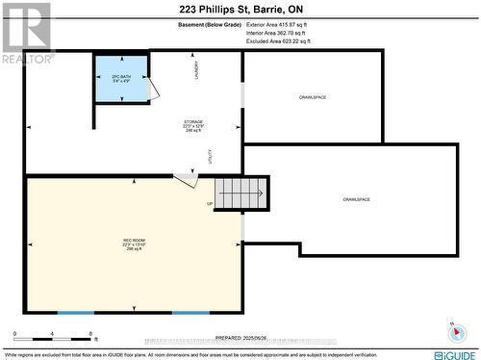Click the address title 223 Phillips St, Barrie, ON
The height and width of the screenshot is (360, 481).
coord(240,9)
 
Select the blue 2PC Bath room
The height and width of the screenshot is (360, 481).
coord(122,79)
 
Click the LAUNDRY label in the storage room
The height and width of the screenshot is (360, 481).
coord(196,70)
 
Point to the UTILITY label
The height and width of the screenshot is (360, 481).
coord(210,157)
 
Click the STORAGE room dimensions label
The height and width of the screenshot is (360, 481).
coord(193,127)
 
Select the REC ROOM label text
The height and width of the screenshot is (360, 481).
coord(134,244)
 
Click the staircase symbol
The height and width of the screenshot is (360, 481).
coord(241,193)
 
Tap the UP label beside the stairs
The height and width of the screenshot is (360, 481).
coord(210,203)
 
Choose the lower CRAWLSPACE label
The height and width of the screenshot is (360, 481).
coord(356,199)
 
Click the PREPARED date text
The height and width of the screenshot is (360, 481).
coord(242,338)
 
